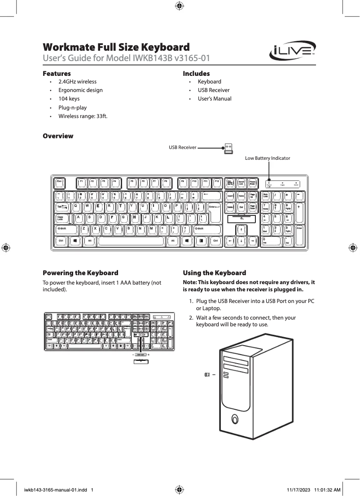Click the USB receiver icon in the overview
click(228, 148)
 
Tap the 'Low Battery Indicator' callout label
click(268, 158)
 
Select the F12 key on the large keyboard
click(216, 182)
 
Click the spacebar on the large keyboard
click(131, 241)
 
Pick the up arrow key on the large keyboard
click(241, 229)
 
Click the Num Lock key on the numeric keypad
click(267, 195)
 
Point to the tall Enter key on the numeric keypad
click(299, 234)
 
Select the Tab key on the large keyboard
click(62, 206)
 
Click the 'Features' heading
click(57, 73)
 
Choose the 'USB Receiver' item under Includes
click(214, 90)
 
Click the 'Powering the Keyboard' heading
click(80, 273)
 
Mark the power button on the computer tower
click(234, 419)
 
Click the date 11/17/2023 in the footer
click(298, 490)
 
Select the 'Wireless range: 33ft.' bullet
click(83, 116)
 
